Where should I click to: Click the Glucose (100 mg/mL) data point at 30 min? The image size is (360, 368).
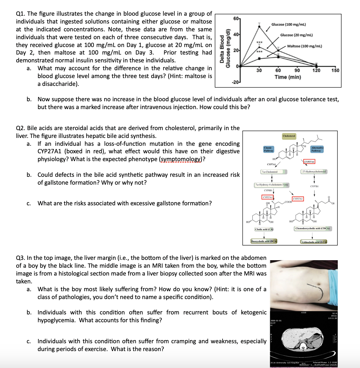pos(259,26)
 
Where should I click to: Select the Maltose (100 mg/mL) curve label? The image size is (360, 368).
pos(304,46)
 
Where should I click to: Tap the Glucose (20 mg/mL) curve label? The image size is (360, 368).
pos(296,35)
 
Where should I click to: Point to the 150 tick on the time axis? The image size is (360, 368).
pos(335,70)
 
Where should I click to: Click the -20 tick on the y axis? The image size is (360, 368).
pos(236,82)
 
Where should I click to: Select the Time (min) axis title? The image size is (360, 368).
pos(288,77)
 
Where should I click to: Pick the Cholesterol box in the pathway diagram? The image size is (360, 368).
pos(289,136)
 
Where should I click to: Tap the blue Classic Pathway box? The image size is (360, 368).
pos(268,149)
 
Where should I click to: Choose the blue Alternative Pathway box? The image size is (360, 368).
pos(317,149)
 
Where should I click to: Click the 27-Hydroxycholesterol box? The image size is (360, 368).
pos(314,172)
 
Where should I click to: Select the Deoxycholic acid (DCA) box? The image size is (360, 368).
pos(264,241)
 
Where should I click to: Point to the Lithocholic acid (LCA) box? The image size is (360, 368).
pos(314,242)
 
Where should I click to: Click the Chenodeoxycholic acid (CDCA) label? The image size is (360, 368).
pos(312,229)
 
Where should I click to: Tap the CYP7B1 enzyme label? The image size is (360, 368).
pos(314,187)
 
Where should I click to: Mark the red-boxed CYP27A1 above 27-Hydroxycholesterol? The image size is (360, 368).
pos(309,162)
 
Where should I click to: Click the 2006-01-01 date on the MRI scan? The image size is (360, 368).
pos(276,321)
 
